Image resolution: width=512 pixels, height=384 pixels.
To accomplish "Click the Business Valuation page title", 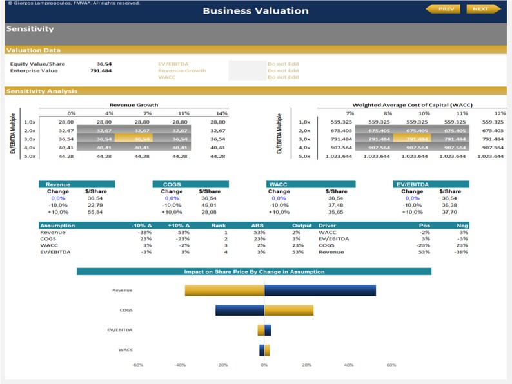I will click(255, 10).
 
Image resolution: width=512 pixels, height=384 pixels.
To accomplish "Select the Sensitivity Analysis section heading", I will click(42, 91).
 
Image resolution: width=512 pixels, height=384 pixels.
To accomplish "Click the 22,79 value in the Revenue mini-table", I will click(94, 205).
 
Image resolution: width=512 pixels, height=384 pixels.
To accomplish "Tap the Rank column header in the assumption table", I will click(218, 226).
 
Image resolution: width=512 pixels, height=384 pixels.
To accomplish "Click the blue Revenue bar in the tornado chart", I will click(320, 290).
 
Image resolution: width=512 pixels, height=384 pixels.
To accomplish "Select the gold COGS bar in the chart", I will click(288, 310).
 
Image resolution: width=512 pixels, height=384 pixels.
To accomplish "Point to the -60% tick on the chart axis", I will click(137, 365).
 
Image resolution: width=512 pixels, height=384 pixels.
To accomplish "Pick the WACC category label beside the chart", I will click(126, 350).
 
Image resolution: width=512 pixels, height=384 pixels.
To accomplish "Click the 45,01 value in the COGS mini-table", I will click(208, 205).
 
